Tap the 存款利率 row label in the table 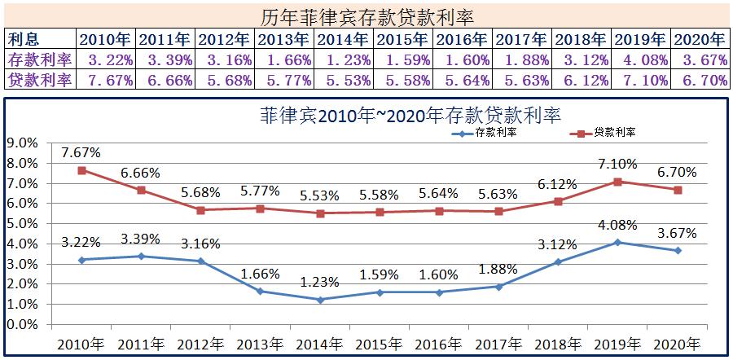tap(40, 59)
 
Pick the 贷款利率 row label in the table tap(40, 79)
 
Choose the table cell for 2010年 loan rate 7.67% tap(107, 79)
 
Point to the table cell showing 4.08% tap(641, 59)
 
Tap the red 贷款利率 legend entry tap(606, 132)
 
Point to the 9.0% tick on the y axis tap(22, 143)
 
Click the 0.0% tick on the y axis tap(22, 324)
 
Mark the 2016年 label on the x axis tap(439, 344)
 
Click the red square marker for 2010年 tap(82, 170)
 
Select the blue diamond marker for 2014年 tap(320, 300)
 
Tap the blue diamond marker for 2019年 tap(618, 242)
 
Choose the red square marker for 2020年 tap(678, 190)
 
